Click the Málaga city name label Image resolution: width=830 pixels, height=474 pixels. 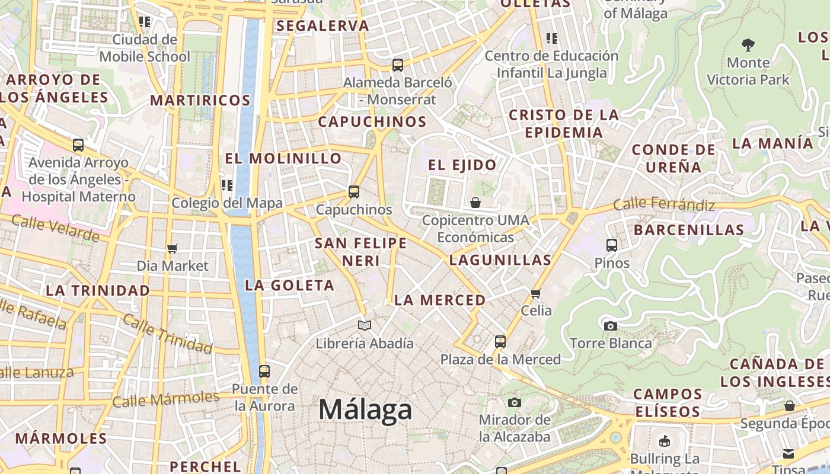click(x=365, y=410)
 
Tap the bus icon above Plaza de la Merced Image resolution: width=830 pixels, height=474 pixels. click(x=500, y=342)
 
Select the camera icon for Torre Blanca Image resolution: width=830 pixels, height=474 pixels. click(x=610, y=326)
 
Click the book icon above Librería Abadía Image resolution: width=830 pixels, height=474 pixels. click(x=365, y=325)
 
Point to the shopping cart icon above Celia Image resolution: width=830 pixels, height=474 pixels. click(x=536, y=293)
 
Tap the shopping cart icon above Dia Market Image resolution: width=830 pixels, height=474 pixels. click(x=173, y=248)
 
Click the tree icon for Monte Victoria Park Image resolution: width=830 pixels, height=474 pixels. click(x=748, y=44)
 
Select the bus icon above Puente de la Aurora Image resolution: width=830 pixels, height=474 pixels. click(x=264, y=371)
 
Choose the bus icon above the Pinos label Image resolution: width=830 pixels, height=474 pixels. click(x=612, y=245)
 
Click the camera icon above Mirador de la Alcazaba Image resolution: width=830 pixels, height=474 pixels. click(x=515, y=403)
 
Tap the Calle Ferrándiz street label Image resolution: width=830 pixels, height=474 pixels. click(x=664, y=204)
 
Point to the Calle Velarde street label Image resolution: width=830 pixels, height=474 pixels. click(x=56, y=228)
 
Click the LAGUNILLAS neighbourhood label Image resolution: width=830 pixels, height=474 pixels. click(x=500, y=260)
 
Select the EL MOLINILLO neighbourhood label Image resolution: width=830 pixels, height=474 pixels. click(x=283, y=159)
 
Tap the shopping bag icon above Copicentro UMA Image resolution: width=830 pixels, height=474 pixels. click(x=475, y=203)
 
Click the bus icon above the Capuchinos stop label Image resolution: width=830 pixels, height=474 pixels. click(x=354, y=192)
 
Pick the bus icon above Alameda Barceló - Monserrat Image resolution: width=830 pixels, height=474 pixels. click(x=398, y=65)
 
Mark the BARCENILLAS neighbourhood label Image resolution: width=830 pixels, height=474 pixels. click(x=689, y=230)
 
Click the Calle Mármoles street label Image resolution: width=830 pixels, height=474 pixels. click(x=166, y=399)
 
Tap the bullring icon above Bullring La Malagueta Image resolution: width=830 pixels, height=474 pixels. click(x=665, y=441)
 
